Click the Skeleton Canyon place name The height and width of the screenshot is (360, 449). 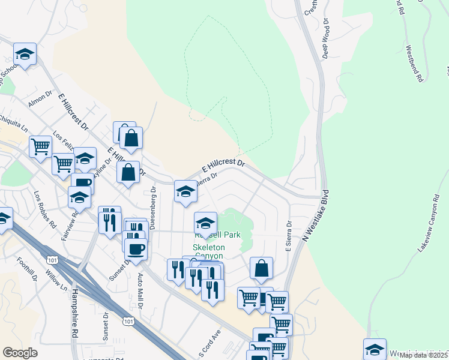tap(208, 252)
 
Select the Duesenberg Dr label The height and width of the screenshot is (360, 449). tap(153, 208)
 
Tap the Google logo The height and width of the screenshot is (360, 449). tap(20, 353)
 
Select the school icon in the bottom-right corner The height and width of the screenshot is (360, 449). tap(375, 348)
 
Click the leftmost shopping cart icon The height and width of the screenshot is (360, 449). tap(40, 145)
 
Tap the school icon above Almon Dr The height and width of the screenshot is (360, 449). tap(25, 55)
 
